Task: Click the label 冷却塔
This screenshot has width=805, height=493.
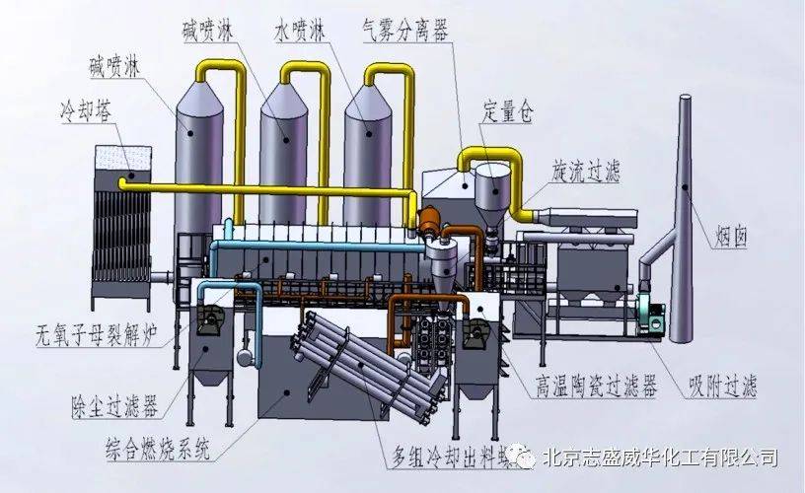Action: [x=85, y=110]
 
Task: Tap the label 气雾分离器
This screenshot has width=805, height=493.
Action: [x=405, y=30]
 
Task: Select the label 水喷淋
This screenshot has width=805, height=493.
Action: [x=300, y=31]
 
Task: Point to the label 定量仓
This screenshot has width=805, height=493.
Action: [x=507, y=110]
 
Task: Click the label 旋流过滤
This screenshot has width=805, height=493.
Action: [x=586, y=171]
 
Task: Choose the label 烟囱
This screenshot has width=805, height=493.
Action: [x=730, y=237]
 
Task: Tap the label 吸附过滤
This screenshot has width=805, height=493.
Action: [x=722, y=386]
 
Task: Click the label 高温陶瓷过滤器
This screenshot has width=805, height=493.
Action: [x=597, y=386]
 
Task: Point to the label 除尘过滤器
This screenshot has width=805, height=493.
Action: [x=114, y=406]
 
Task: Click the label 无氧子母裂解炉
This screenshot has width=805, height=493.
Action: [x=96, y=335]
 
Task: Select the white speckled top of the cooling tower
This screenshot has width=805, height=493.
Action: [x=123, y=158]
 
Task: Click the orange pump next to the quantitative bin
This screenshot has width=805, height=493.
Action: [x=429, y=221]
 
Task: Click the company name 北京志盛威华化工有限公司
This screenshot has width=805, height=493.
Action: [x=660, y=457]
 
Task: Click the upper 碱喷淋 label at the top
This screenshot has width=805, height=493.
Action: [x=207, y=31]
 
